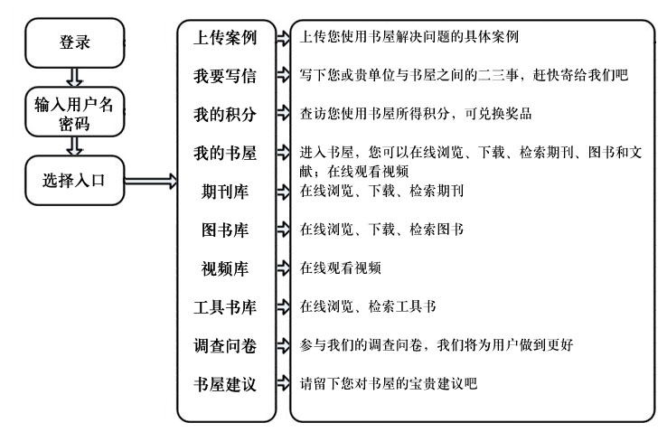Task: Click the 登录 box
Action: (x=75, y=43)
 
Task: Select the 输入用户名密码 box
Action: (x=75, y=112)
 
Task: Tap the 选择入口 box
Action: (x=75, y=180)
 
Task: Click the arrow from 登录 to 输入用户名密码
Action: (x=75, y=78)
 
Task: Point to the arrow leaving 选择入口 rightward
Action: (x=151, y=181)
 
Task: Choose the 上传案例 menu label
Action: (x=225, y=37)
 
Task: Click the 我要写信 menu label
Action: (x=225, y=76)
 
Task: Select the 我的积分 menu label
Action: (x=225, y=114)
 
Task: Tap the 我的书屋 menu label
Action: (x=225, y=153)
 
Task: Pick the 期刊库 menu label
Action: (x=225, y=192)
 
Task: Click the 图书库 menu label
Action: (x=225, y=230)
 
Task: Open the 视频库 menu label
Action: (x=225, y=268)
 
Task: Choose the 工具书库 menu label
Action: (x=225, y=307)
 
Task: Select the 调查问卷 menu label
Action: (x=225, y=345)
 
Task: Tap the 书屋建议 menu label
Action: (x=225, y=384)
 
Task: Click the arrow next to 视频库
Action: (x=283, y=268)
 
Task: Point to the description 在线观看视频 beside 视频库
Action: (x=341, y=268)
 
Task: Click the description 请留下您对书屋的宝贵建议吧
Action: (x=389, y=383)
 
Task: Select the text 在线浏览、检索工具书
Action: (x=368, y=306)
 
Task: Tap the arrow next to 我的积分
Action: (x=283, y=113)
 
